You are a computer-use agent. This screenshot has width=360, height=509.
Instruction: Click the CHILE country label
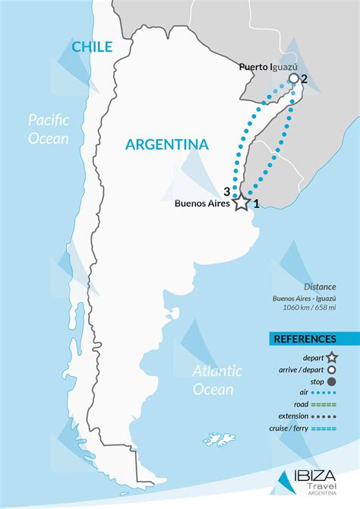click(92, 47)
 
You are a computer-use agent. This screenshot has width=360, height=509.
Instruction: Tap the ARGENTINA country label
click(167, 144)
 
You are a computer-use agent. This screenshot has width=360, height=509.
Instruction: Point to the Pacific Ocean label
click(49, 129)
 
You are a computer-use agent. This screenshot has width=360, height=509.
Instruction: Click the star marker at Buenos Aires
click(241, 203)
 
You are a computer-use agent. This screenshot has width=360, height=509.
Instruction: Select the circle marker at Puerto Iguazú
click(293, 78)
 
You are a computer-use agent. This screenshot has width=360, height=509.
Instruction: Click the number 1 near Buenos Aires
click(257, 203)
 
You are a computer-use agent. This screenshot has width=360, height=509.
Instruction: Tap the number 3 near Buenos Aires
click(226, 191)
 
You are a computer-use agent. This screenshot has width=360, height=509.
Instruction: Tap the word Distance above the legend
click(320, 287)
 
